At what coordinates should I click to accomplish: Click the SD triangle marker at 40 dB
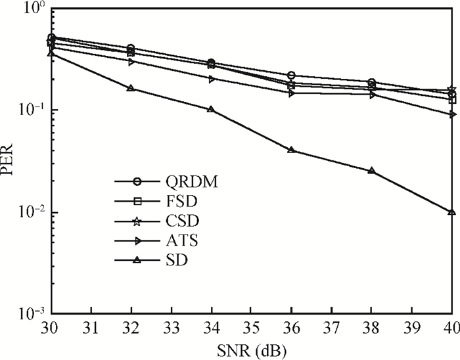451,212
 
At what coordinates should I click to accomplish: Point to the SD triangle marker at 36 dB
291,150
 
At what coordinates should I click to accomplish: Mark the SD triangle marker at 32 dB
131,88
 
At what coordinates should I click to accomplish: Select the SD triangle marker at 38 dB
371,171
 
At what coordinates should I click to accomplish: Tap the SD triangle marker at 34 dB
211,109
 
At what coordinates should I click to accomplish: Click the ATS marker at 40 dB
451,114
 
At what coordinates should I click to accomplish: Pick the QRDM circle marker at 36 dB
291,76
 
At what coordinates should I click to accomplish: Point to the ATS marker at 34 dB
211,79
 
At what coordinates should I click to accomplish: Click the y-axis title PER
9,161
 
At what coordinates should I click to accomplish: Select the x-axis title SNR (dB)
252,349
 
